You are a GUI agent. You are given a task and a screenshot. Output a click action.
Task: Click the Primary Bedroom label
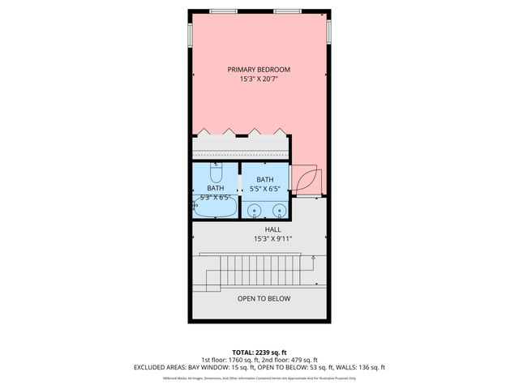pyautogui.click(x=259, y=70)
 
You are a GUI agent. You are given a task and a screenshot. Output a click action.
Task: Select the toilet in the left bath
pyautogui.click(x=217, y=174)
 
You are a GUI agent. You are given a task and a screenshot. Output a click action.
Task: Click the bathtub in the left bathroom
pyautogui.click(x=216, y=208)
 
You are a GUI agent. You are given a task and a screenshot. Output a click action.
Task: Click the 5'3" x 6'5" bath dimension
pyautogui.click(x=216, y=197)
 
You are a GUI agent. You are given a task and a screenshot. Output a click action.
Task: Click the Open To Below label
pyautogui.click(x=264, y=299)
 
